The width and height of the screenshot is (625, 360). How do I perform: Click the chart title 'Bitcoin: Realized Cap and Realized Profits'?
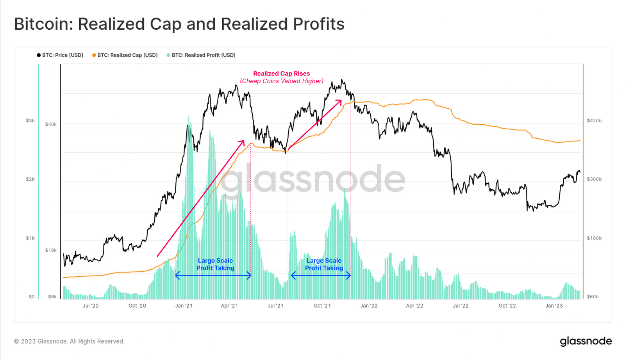179,24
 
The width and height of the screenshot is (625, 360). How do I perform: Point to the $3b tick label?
30,121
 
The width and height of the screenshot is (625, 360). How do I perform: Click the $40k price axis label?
51,124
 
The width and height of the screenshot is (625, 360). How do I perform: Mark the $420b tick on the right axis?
594,121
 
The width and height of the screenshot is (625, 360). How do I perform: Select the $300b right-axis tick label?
594,179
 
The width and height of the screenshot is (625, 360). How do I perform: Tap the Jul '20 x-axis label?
91,306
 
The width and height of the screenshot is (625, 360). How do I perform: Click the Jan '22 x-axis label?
369,306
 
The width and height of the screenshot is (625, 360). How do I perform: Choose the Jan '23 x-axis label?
554,306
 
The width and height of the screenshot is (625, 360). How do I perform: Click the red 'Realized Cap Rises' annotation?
281,73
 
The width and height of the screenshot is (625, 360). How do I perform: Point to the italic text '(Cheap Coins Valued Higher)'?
281,81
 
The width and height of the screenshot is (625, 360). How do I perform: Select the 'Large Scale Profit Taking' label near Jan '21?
215,264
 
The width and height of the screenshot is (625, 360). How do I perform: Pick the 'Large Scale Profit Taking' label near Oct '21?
324,264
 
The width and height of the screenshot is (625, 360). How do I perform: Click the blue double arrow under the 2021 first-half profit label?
213,276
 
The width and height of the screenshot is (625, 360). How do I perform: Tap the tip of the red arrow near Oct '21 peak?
341,100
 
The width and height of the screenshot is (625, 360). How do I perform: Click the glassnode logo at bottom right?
586,341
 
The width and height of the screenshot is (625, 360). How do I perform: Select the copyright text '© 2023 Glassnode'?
69,341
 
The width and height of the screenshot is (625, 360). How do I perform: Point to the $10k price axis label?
51,250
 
